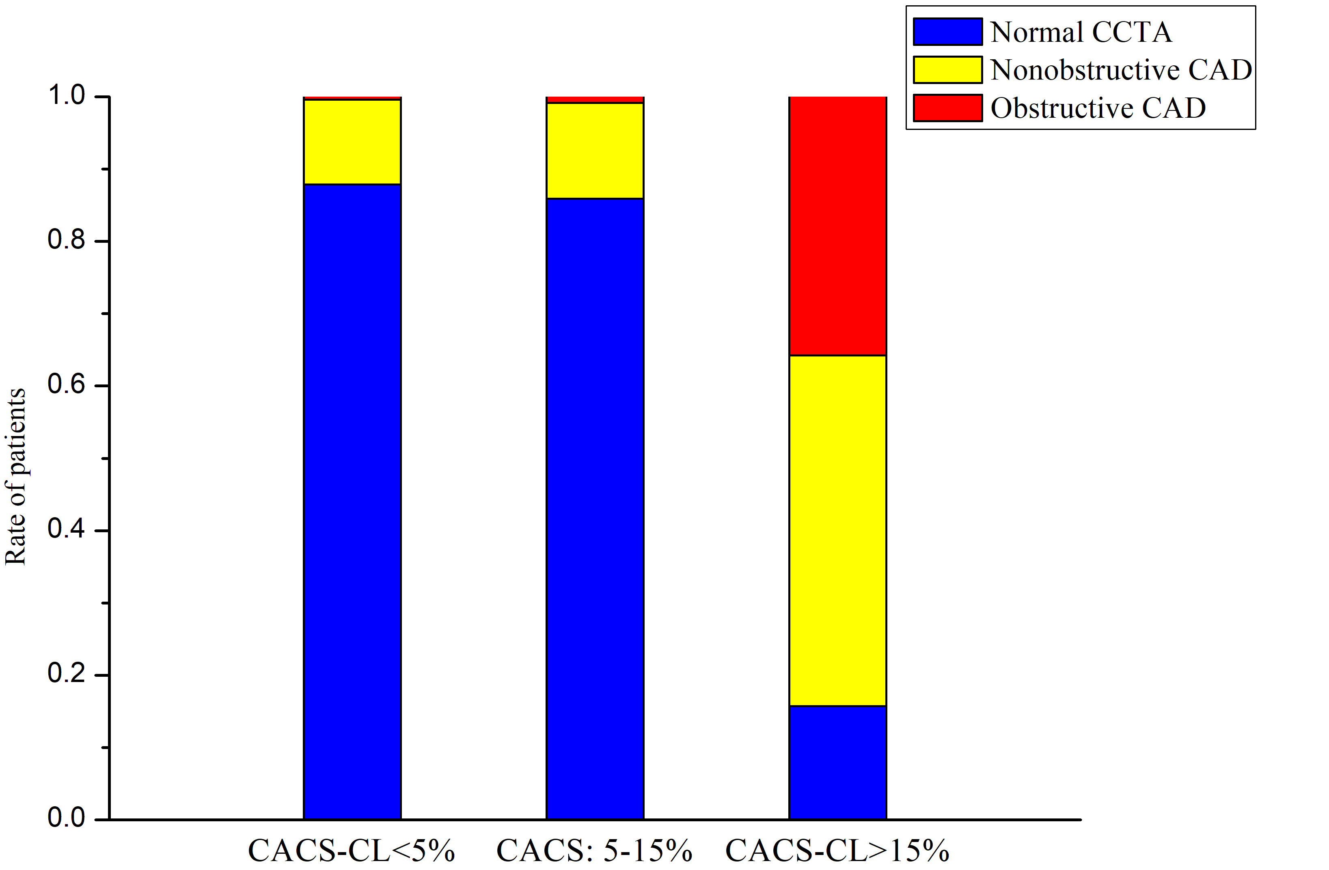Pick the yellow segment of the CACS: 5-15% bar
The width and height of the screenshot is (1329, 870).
[x=595, y=150]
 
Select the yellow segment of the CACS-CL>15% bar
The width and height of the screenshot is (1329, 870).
[x=837, y=531]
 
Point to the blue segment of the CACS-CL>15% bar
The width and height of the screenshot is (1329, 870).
[x=837, y=762]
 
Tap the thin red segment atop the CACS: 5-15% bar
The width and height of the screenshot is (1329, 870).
[x=595, y=100]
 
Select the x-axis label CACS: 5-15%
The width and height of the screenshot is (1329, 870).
[x=594, y=851]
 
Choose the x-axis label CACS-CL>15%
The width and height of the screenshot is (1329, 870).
[x=837, y=851]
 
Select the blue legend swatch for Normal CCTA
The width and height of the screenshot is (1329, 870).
[x=947, y=32]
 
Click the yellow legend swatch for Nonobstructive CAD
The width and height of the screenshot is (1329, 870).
[x=947, y=70]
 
